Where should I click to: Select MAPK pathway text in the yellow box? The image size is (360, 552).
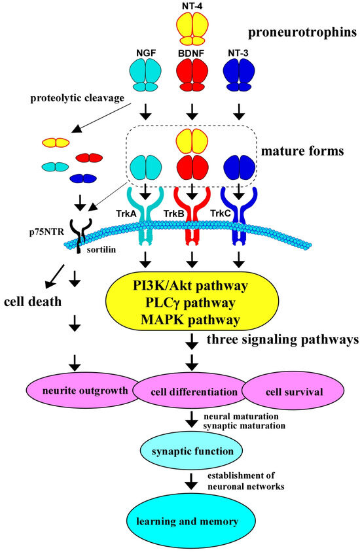tap(191, 320)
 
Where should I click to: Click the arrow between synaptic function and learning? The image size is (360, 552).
tap(191, 483)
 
